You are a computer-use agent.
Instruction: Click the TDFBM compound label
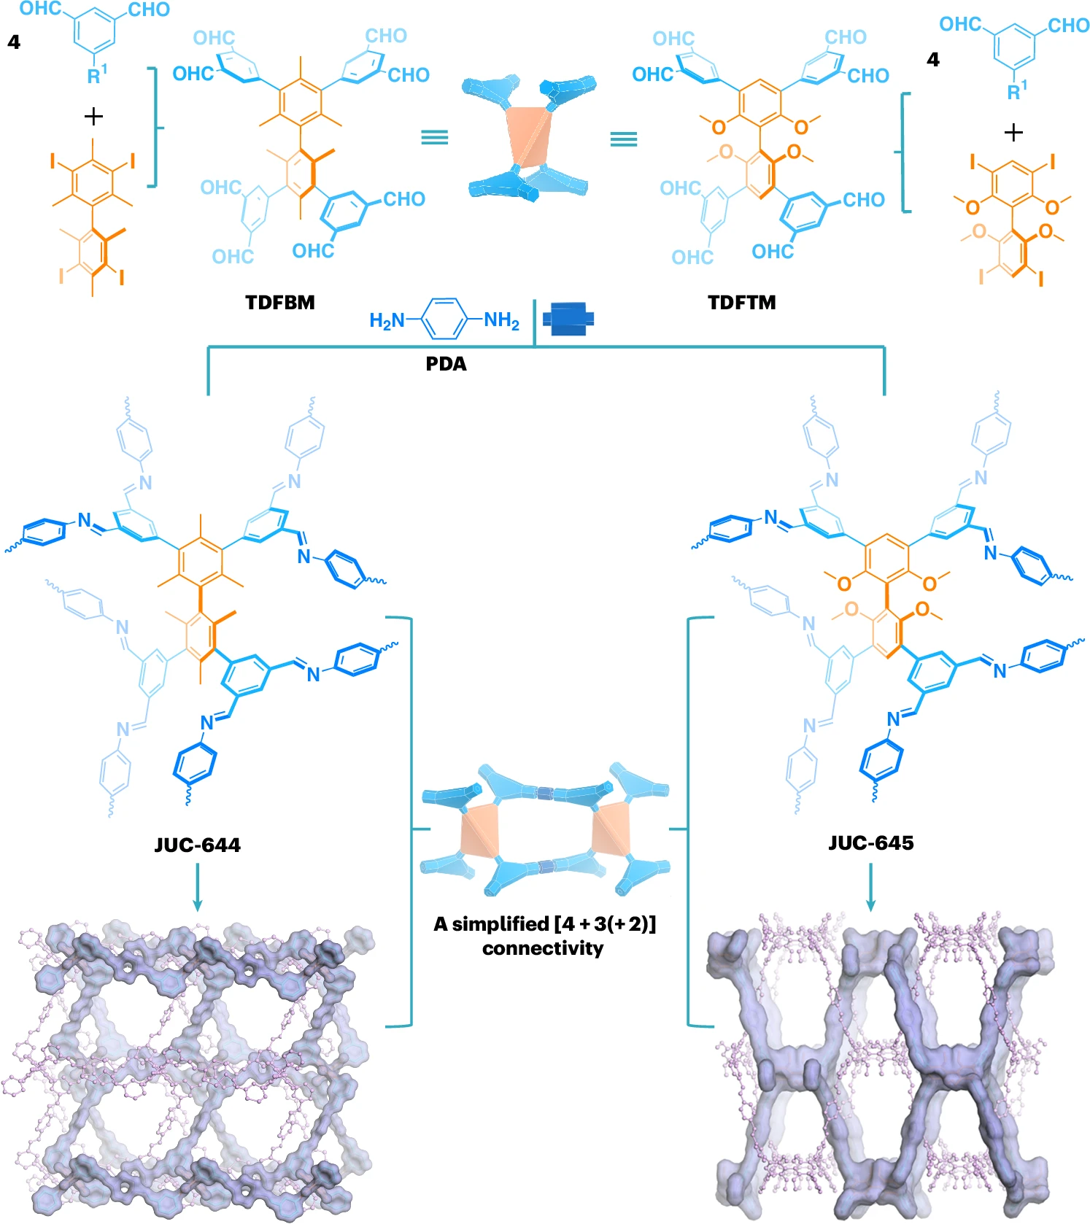[279, 302]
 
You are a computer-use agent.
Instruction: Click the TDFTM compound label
[741, 302]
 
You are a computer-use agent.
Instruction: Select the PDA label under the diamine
[446, 363]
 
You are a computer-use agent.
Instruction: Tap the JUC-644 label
[197, 845]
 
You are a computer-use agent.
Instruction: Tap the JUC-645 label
[870, 843]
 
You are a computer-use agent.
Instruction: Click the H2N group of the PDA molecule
[387, 320]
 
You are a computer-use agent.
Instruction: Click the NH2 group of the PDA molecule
[502, 320]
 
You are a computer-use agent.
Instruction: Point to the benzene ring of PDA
[444, 319]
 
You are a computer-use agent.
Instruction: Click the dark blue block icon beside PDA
[568, 319]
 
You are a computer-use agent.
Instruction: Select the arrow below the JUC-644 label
[197, 887]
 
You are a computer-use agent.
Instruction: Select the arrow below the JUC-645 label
[870, 887]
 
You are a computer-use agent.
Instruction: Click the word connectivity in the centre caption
[543, 948]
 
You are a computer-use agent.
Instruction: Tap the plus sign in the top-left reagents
[93, 116]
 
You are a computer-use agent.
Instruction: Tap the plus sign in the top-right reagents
[1013, 133]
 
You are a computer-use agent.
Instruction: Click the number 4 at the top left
[14, 42]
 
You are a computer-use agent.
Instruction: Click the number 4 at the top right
[932, 60]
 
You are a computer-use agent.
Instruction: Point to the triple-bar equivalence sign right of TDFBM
[435, 137]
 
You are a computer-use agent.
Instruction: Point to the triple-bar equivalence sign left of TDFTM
[624, 138]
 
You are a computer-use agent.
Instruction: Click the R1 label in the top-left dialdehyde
[97, 74]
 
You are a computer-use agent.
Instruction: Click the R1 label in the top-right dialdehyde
[1016, 91]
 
